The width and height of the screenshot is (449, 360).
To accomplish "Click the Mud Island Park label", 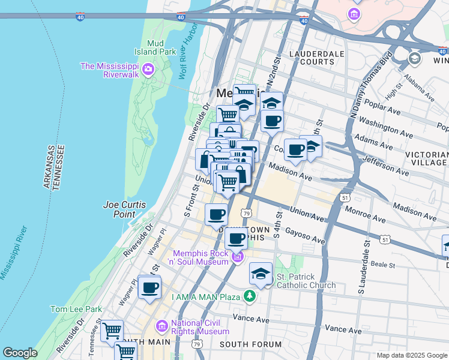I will click(159, 47).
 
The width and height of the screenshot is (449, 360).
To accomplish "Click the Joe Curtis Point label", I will click(125, 209).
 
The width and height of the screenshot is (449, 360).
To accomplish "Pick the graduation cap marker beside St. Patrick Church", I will click(261, 274).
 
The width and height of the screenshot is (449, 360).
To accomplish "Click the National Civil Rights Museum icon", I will click(161, 326).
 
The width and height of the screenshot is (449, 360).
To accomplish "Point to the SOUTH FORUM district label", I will click(250, 344).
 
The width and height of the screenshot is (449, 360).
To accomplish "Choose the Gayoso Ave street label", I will click(304, 236).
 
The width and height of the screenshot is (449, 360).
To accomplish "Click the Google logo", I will click(20, 353).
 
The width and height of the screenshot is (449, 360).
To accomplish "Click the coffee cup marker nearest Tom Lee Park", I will click(149, 287).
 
